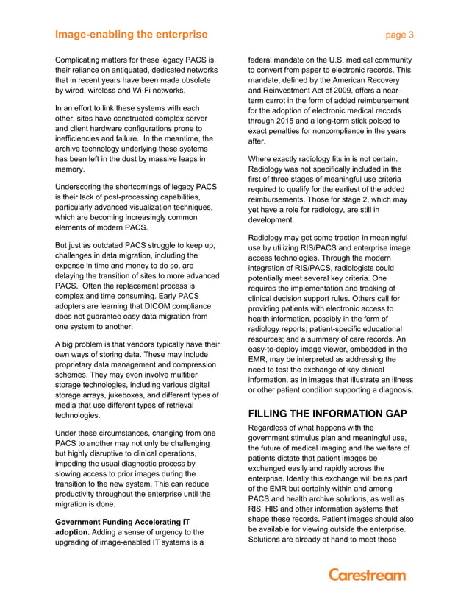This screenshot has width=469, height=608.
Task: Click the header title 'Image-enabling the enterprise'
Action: point(131,34)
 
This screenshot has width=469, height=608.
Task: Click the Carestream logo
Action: point(366,575)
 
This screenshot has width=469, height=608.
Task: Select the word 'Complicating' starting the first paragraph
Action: point(82,60)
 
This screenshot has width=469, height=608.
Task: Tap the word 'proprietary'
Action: point(78,365)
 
